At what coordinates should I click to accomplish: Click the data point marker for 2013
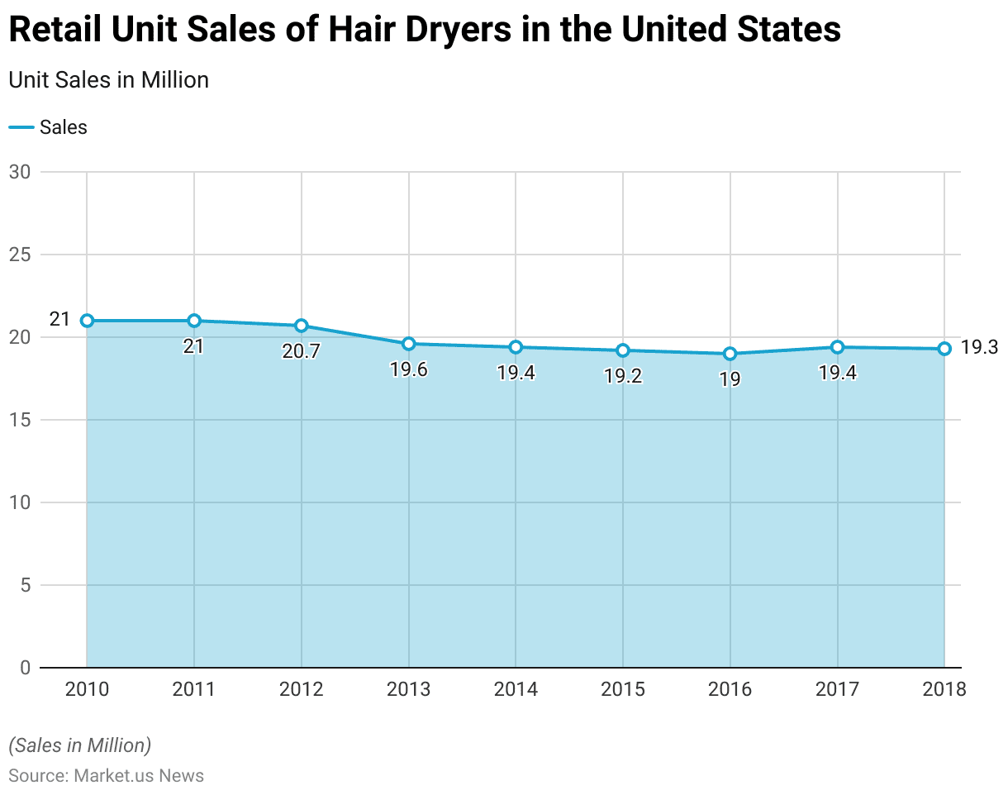click(x=408, y=344)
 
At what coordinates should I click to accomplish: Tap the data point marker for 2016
click(x=730, y=354)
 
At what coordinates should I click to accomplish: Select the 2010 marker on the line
click(x=87, y=321)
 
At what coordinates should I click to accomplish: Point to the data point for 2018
click(x=944, y=349)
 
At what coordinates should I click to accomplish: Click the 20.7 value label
click(x=301, y=351)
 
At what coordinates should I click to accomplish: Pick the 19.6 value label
click(x=408, y=369)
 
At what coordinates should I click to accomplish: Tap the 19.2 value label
click(x=623, y=376)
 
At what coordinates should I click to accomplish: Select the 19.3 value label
click(x=980, y=348)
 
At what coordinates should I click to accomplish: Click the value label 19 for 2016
click(x=730, y=379)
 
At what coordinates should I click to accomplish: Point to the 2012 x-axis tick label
click(x=301, y=689)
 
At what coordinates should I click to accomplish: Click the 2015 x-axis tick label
click(x=623, y=689)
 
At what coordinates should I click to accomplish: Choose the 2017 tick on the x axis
click(x=837, y=689)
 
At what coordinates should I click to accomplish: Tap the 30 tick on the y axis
click(x=20, y=172)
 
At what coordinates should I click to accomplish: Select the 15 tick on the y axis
click(x=20, y=420)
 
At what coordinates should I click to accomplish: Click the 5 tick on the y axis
click(x=25, y=585)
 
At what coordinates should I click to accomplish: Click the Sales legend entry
click(x=49, y=127)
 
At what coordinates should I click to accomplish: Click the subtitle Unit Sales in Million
click(x=108, y=79)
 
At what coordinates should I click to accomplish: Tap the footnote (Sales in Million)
click(x=80, y=745)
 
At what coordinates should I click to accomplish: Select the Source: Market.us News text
click(x=106, y=776)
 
